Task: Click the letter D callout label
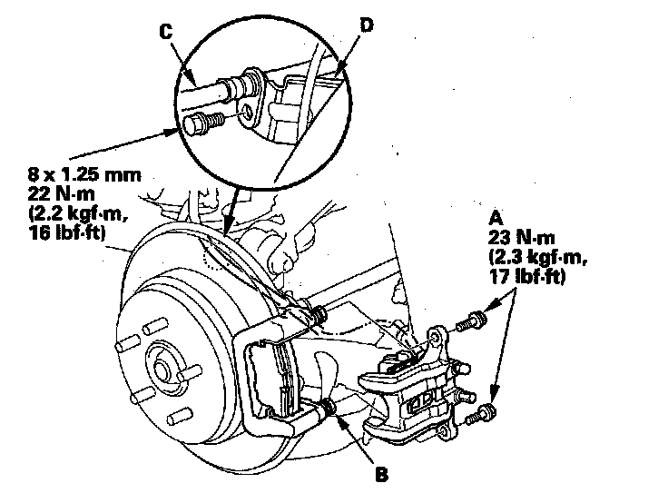(366, 25)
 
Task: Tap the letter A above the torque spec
(496, 218)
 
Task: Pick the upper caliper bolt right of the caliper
(471, 320)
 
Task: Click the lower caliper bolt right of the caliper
(484, 415)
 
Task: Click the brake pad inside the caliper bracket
(278, 381)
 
